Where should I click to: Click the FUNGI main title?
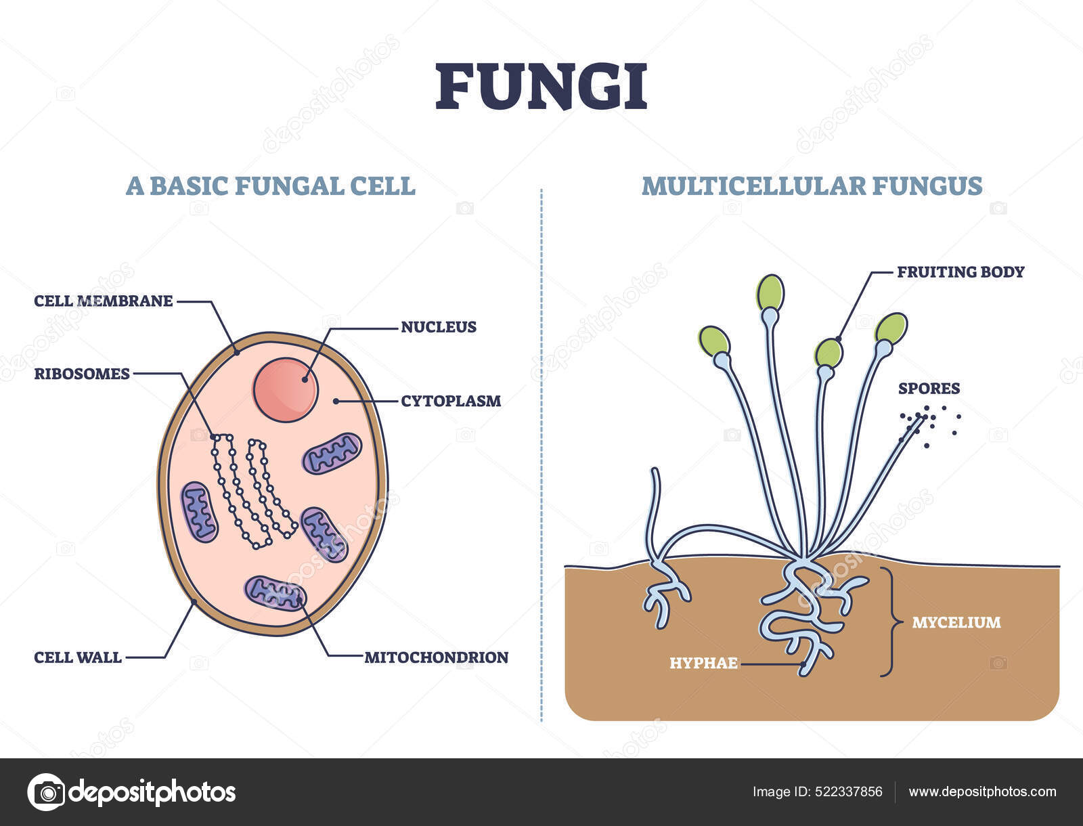pyautogui.click(x=541, y=87)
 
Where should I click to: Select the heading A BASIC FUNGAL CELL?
pyautogui.click(x=270, y=186)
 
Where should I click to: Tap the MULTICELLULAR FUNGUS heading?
pyautogui.click(x=812, y=186)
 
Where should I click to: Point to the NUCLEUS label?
pyautogui.click(x=439, y=327)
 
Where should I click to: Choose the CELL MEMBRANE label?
pyautogui.click(x=104, y=301)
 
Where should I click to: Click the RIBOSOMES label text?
pyautogui.click(x=82, y=374)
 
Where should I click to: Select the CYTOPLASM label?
pyautogui.click(x=451, y=401)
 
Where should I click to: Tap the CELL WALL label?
pyautogui.click(x=78, y=657)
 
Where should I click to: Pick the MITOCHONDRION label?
pyautogui.click(x=436, y=657)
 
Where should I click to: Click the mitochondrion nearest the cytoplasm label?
pyautogui.click(x=332, y=453)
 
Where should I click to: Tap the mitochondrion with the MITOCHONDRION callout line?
pyautogui.click(x=275, y=592)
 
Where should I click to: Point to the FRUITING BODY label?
pyautogui.click(x=960, y=272)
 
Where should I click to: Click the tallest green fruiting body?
pyautogui.click(x=770, y=292)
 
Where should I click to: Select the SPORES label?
pyautogui.click(x=929, y=389)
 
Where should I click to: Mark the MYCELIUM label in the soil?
pyautogui.click(x=956, y=622)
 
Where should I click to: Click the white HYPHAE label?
pyautogui.click(x=703, y=663)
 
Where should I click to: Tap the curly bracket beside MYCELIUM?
pyautogui.click(x=889, y=622)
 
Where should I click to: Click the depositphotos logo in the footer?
pyautogui.click(x=132, y=791)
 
